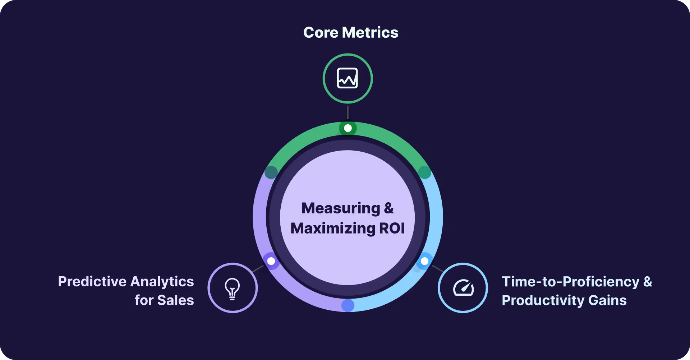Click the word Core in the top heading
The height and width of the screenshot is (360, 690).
(x=321, y=33)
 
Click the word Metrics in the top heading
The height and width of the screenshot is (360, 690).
(x=370, y=33)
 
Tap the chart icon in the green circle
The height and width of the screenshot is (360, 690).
(x=348, y=78)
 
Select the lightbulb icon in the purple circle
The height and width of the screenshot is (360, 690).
(x=233, y=288)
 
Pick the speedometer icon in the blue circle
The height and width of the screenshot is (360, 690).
(x=463, y=288)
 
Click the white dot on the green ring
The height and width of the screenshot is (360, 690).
(x=348, y=128)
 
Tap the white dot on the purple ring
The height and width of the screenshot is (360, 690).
(x=271, y=261)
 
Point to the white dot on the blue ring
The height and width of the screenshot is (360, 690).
(x=424, y=261)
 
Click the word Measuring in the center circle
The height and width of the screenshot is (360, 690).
(x=341, y=208)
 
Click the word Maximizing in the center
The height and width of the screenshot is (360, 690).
(x=333, y=229)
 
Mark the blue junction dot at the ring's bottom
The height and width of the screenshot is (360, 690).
(x=348, y=305)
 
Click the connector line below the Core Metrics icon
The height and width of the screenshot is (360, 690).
(x=348, y=112)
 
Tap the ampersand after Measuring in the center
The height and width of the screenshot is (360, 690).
(x=389, y=208)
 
